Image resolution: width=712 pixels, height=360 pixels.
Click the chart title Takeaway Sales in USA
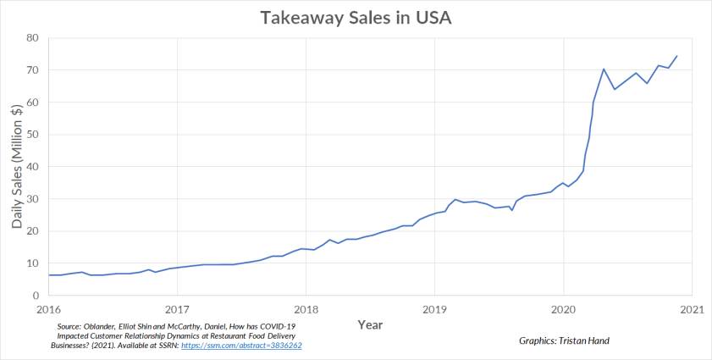coord(355,19)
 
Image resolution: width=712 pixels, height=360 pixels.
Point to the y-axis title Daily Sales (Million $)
coord(17,166)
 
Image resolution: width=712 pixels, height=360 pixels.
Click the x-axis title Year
coord(369,324)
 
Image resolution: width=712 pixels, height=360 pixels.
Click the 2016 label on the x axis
coord(48,309)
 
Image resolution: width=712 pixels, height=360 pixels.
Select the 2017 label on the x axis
coord(177,309)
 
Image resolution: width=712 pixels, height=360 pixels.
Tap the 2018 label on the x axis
coord(306,309)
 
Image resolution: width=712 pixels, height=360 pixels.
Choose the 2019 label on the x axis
coord(434,309)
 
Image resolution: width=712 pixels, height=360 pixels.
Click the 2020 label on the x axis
coord(563,309)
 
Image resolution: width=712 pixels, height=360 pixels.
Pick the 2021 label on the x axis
coord(692,309)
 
